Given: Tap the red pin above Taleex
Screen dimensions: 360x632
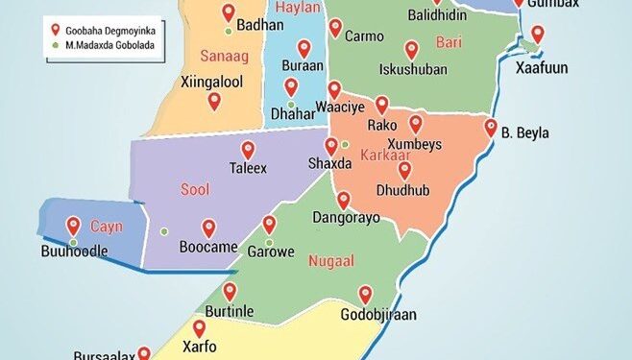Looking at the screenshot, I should pyautogui.click(x=248, y=150).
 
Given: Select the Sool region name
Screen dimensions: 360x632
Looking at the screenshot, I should pyautogui.click(x=195, y=190).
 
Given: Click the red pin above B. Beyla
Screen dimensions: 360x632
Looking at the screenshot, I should pyautogui.click(x=491, y=127).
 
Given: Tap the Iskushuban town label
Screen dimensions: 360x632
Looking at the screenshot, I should pyautogui.click(x=408, y=69).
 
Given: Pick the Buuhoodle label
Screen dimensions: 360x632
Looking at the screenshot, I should pyautogui.click(x=73, y=252).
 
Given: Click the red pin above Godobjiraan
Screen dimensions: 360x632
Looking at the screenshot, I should pyautogui.click(x=365, y=294).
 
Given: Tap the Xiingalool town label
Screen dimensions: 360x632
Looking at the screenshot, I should pyautogui.click(x=211, y=83).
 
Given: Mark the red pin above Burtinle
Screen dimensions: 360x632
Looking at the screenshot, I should pyautogui.click(x=230, y=290).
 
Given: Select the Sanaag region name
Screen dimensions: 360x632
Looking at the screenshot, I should pyautogui.click(x=225, y=57).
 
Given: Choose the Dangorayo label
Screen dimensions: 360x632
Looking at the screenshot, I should pyautogui.click(x=347, y=219).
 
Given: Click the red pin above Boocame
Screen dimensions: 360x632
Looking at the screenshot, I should pyautogui.click(x=208, y=228).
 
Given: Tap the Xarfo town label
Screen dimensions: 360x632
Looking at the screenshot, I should pyautogui.click(x=199, y=347).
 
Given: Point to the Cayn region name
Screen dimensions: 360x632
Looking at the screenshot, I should pyautogui.click(x=107, y=227).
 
